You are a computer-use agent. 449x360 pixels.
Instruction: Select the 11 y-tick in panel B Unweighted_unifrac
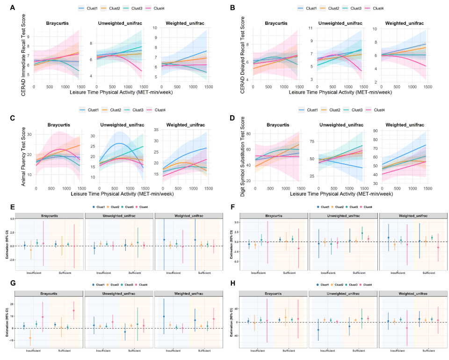311,29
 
